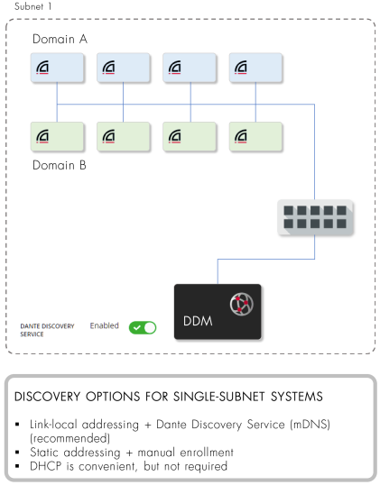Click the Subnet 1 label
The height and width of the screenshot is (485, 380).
[33, 6]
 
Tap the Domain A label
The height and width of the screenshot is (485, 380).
[60, 40]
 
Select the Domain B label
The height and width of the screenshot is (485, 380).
[60, 165]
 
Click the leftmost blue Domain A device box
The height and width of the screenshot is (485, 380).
[57, 68]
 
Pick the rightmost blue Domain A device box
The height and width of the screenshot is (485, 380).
[255, 68]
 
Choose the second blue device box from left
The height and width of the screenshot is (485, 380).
[124, 68]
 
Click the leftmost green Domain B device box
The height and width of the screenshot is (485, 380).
[57, 136]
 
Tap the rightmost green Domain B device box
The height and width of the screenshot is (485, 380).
[255, 136]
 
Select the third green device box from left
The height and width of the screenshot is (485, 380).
[190, 136]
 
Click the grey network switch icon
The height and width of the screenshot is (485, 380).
[315, 217]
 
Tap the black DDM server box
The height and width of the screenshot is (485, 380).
[218, 312]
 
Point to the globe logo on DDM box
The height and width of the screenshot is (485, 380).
[242, 304]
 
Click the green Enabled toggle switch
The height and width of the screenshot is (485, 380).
[143, 328]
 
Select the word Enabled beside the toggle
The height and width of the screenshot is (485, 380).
[105, 325]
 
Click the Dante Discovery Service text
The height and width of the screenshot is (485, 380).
[47, 330]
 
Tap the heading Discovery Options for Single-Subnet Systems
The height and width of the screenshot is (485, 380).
[169, 397]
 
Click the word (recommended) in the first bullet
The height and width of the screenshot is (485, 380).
[70, 438]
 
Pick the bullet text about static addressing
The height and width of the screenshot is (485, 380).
[132, 453]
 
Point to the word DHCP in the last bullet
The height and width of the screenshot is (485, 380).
[45, 466]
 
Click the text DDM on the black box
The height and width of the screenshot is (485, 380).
[198, 321]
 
